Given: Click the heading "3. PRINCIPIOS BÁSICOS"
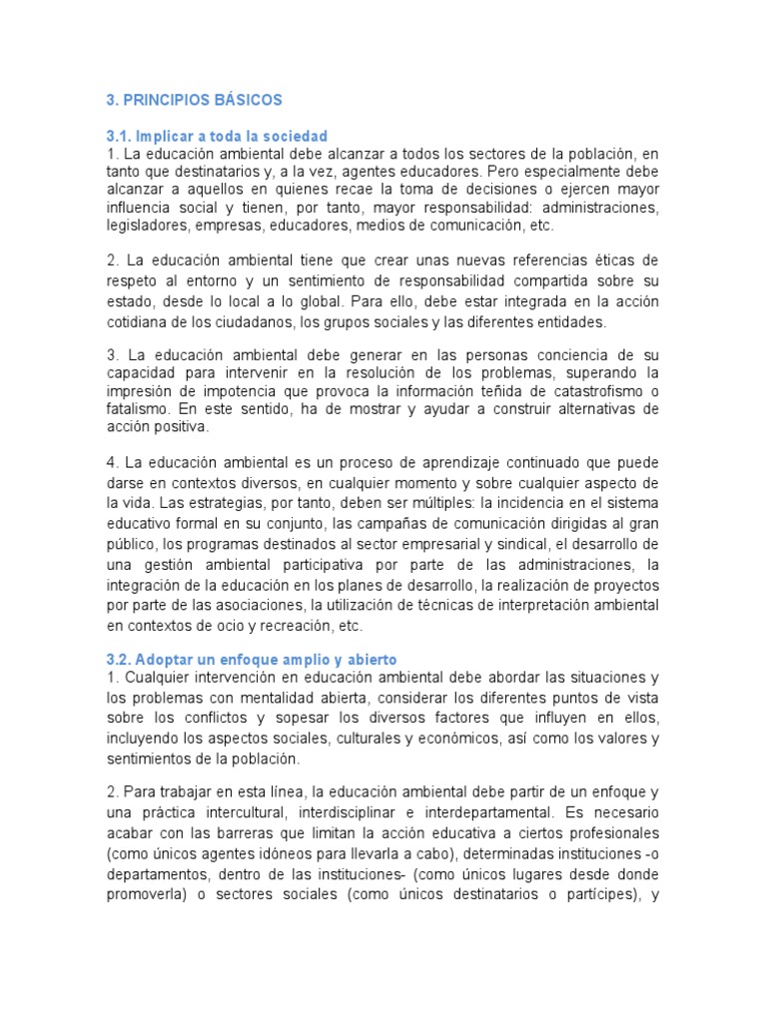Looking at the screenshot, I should pos(194,100).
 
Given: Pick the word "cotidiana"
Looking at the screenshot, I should pos(138,322).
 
